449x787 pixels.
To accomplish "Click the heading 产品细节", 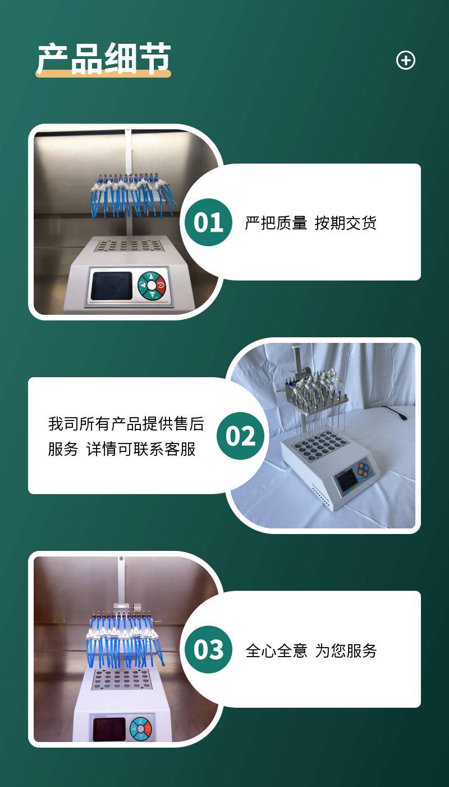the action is (x=104, y=58).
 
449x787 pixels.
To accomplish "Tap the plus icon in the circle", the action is (x=405, y=60).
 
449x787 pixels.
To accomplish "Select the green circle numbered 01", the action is (x=208, y=223).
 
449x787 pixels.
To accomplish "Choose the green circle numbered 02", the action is (x=240, y=436).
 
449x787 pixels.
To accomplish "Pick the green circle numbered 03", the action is (x=208, y=649).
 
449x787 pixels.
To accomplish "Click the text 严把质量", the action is (x=276, y=223).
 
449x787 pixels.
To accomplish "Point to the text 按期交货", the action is (x=346, y=223).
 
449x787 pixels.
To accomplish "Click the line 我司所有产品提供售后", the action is (x=126, y=424).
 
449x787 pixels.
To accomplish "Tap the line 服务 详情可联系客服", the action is (x=121, y=449).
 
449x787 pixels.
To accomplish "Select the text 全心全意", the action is (x=276, y=651).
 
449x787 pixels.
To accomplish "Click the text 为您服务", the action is (x=346, y=651).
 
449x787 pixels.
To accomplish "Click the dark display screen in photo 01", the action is (x=112, y=286).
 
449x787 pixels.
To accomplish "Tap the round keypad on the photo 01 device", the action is (x=152, y=286).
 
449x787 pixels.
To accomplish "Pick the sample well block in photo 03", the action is (x=122, y=680).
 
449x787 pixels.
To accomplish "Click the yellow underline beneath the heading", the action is (x=103, y=74).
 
